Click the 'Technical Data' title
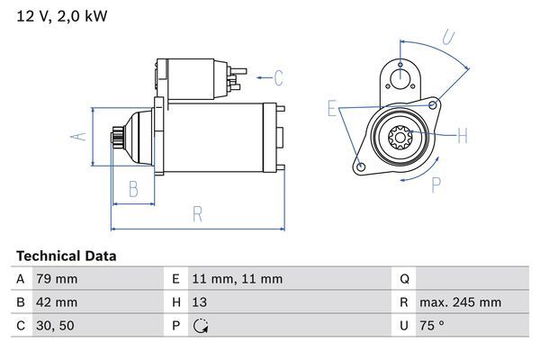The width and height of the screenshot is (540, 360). tap(66, 256)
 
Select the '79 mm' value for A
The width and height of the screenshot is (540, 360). tap(56, 279)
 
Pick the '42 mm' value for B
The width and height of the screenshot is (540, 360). tap(56, 302)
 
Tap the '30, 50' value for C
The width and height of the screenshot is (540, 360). tap(53, 326)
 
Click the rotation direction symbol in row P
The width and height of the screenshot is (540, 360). tap(201, 326)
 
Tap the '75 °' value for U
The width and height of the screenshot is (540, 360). tap(436, 326)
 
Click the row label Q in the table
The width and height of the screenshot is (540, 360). tap(403, 279)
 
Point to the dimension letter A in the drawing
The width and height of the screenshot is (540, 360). tap(78, 136)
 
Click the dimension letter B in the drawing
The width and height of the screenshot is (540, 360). tap(132, 188)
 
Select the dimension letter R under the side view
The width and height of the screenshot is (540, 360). tap(197, 214)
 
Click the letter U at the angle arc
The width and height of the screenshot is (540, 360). tap(449, 37)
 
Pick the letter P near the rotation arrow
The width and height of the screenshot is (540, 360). tap(436, 184)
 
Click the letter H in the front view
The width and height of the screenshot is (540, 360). tap(462, 137)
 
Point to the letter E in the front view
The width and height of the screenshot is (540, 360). tap(332, 110)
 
